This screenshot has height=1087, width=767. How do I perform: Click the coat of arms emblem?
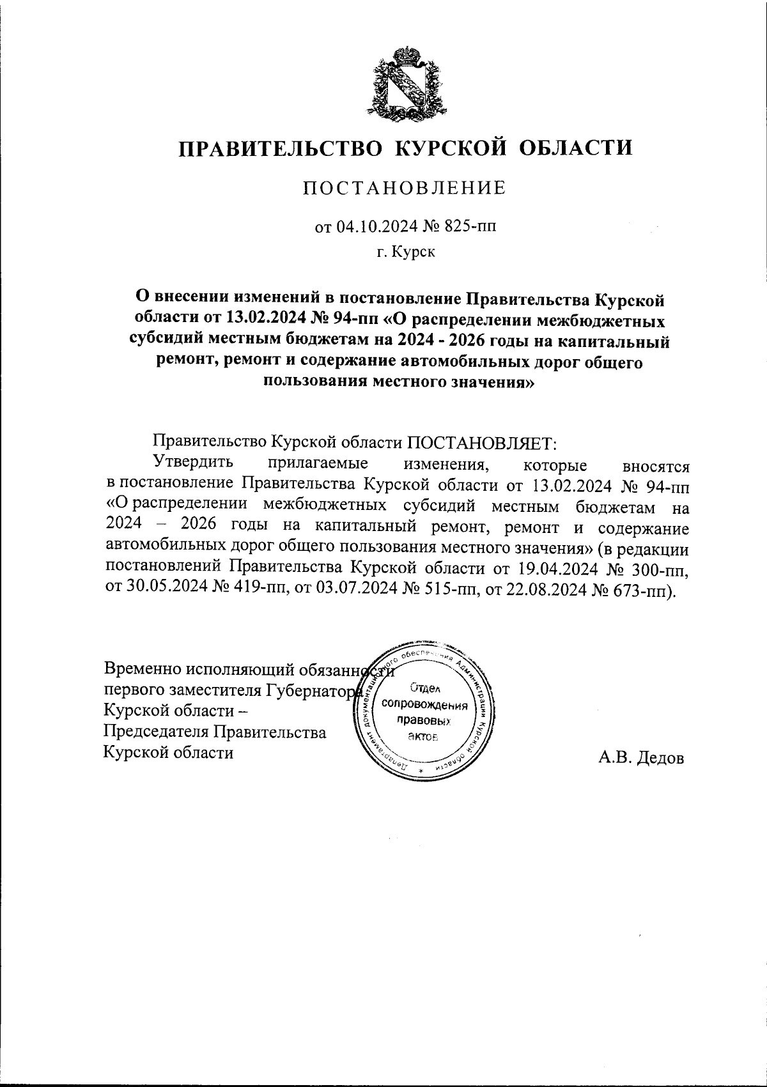[x=407, y=82]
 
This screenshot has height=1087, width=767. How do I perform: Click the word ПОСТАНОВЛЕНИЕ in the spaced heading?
[x=404, y=188]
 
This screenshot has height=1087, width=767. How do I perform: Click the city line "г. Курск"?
[x=405, y=252]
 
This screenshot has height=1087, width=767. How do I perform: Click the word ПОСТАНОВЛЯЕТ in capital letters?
[x=483, y=442]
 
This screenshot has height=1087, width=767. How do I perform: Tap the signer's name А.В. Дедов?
[x=641, y=759]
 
